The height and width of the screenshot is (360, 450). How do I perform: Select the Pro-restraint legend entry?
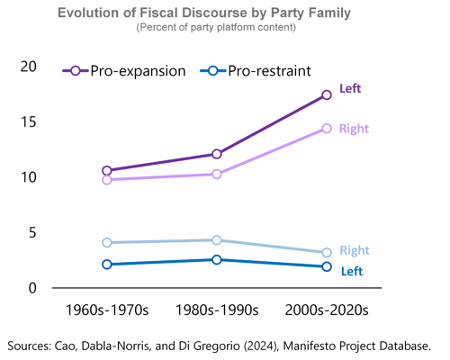click(x=256, y=71)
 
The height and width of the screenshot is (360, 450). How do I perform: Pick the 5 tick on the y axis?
click(x=33, y=232)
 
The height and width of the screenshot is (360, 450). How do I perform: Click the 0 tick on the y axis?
click(x=33, y=288)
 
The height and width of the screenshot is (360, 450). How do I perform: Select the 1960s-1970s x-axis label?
click(x=107, y=310)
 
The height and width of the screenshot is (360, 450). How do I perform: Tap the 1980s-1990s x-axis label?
click(x=217, y=310)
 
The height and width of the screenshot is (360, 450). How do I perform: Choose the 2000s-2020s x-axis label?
click(x=327, y=310)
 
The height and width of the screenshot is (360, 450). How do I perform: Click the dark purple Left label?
click(x=350, y=89)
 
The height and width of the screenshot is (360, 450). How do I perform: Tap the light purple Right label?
click(x=354, y=129)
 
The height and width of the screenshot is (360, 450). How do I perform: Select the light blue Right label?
click(x=354, y=250)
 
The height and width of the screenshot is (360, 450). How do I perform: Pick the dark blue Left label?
click(x=350, y=270)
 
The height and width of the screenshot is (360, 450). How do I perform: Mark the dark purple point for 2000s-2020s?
click(x=327, y=94)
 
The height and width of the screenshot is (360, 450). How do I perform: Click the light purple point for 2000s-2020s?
click(x=327, y=129)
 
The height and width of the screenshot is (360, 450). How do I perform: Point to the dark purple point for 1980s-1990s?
click(x=217, y=154)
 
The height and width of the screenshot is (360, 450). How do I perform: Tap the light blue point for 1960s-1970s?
click(x=107, y=242)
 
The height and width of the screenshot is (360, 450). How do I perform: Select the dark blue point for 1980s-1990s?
click(x=217, y=260)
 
